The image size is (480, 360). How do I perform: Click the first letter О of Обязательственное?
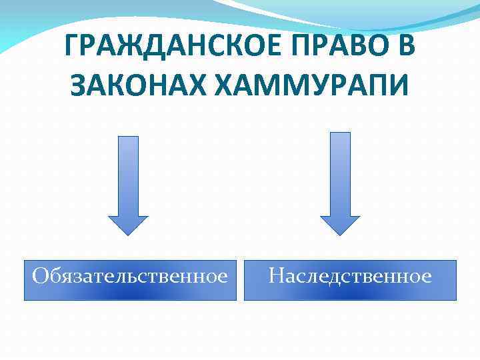coord(41,275)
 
